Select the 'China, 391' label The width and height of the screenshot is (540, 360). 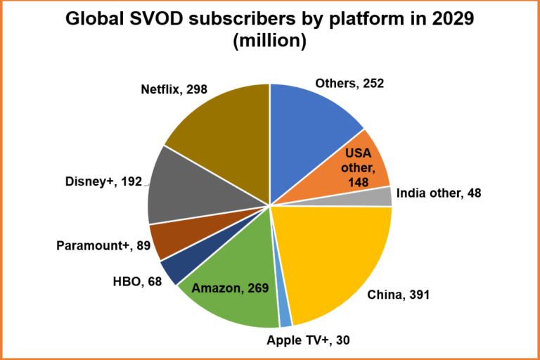pyautogui.click(x=399, y=295)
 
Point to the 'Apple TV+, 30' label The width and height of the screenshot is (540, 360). pyautogui.click(x=308, y=340)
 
